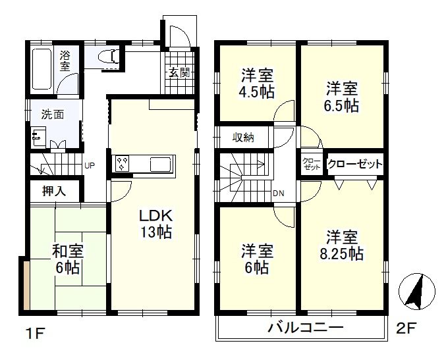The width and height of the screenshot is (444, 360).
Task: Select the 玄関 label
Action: pyautogui.click(x=179, y=73)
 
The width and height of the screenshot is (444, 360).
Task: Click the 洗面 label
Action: pyautogui.click(x=53, y=113)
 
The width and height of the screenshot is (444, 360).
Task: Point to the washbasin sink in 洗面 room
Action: pyautogui.click(x=36, y=137)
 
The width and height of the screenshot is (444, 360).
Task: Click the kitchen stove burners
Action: pyautogui.click(x=123, y=163)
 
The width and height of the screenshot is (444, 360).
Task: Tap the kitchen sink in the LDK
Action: pyautogui.click(x=160, y=164)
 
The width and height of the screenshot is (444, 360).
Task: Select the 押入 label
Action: pyautogui.click(x=54, y=192)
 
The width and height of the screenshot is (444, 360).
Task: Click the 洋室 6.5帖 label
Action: pyautogui.click(x=342, y=96)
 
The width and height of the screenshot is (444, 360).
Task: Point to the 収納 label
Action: pyautogui.click(x=242, y=138)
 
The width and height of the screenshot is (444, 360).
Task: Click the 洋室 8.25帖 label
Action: pyautogui.click(x=343, y=245)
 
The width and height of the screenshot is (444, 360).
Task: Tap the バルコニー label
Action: pyautogui.click(x=305, y=327)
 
